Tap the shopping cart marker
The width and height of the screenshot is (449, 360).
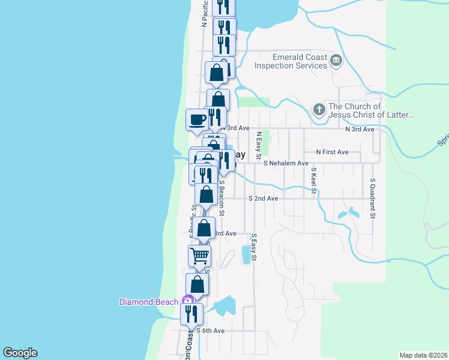[x=199, y=256]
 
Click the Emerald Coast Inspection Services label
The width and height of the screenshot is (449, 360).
[x=291, y=61]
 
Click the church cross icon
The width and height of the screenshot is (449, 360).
[x=319, y=110]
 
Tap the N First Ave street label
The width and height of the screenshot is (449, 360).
[x=332, y=152]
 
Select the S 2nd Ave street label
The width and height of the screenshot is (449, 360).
[x=264, y=199]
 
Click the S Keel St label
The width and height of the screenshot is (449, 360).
[x=313, y=181]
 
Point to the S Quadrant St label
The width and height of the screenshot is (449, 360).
[x=373, y=197]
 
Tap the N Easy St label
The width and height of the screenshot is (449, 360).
[x=259, y=146]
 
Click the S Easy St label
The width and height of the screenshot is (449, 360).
[x=254, y=247]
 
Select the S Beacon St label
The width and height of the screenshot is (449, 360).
[x=221, y=198]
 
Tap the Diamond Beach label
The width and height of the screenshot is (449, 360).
[x=148, y=302]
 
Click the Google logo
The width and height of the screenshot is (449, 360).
[x=20, y=353]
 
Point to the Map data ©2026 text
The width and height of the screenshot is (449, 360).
[x=423, y=355]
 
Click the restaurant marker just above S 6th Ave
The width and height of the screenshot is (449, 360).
[x=191, y=314]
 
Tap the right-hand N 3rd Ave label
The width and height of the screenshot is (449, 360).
[x=360, y=129]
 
